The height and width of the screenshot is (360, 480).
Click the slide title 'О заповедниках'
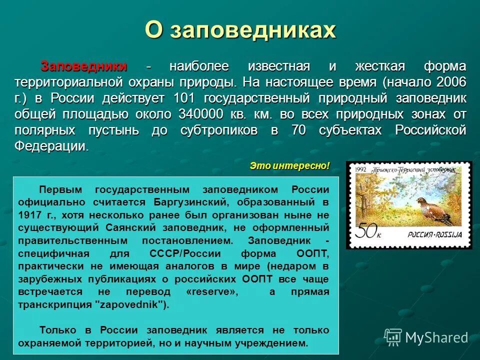tap(240, 30)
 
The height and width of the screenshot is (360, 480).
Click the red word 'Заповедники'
tap(83, 66)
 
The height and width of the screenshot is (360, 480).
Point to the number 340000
tap(200, 114)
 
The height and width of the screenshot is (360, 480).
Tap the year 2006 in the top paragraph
tap(451, 81)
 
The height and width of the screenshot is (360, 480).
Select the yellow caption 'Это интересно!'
tap(290, 165)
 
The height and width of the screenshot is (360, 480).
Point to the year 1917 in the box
tap(30, 215)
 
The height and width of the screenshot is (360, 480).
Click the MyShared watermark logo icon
tap(392, 337)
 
